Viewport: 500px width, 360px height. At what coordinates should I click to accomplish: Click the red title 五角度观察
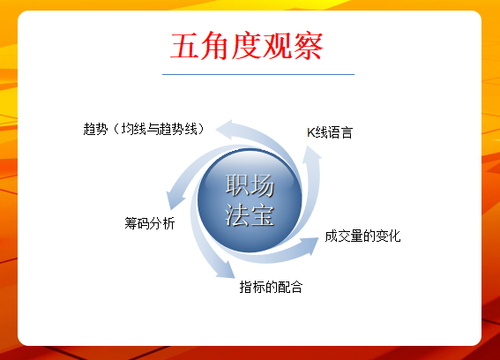(x=247, y=46)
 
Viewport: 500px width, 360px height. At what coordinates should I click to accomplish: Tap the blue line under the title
(x=258, y=74)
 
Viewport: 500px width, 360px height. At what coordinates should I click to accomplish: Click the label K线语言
(x=330, y=132)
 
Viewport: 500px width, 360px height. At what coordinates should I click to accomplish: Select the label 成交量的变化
(x=362, y=236)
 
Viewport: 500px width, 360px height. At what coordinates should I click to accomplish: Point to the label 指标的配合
(x=271, y=287)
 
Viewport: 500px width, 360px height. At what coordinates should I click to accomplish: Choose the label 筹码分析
(x=150, y=223)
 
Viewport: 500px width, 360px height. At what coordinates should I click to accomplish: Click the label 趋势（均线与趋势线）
(x=144, y=129)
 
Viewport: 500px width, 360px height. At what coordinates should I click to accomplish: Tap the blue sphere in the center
(x=250, y=200)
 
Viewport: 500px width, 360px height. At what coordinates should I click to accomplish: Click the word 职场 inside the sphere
(x=250, y=185)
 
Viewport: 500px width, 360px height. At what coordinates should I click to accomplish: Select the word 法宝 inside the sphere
(x=250, y=215)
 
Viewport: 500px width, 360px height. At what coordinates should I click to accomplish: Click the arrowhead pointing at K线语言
(x=311, y=154)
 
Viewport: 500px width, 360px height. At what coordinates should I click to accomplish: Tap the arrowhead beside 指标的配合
(x=226, y=271)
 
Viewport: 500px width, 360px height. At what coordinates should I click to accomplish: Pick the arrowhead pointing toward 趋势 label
(x=225, y=129)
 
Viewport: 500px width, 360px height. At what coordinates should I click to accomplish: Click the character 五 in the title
(x=185, y=46)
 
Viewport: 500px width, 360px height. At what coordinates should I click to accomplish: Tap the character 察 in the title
(x=309, y=46)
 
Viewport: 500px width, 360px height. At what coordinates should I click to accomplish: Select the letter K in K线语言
(x=310, y=132)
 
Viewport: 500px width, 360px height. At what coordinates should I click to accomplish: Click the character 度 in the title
(x=247, y=46)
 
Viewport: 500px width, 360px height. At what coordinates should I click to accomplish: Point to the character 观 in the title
(x=278, y=46)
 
